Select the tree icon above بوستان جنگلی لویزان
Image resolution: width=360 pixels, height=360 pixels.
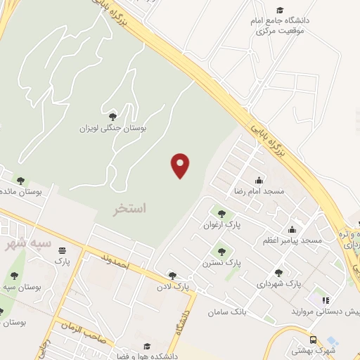pos(112,117)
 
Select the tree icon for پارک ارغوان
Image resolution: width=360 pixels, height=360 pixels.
pos(221,213)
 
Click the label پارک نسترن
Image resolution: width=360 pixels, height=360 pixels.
pos(224,261)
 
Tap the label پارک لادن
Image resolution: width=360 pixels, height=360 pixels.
pos(173,287)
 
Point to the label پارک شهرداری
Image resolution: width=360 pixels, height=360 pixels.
pos(278,283)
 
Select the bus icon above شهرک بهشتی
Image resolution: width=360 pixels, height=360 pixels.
pos(312,338)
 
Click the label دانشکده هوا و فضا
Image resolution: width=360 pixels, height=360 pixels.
pos(146,356)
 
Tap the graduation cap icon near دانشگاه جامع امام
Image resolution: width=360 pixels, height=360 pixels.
pos(280,10)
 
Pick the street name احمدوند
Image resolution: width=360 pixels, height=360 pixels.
pos(117,262)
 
